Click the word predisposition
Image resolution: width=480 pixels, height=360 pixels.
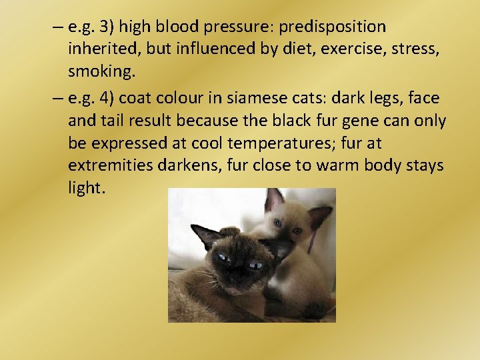tap(332, 27)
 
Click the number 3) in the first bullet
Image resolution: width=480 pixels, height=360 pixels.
tap(107, 27)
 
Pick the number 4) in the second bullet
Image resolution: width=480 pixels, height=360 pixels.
tap(107, 98)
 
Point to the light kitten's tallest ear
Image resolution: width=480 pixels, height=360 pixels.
tap(274, 199)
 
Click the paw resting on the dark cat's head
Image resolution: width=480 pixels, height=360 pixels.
tap(231, 231)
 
